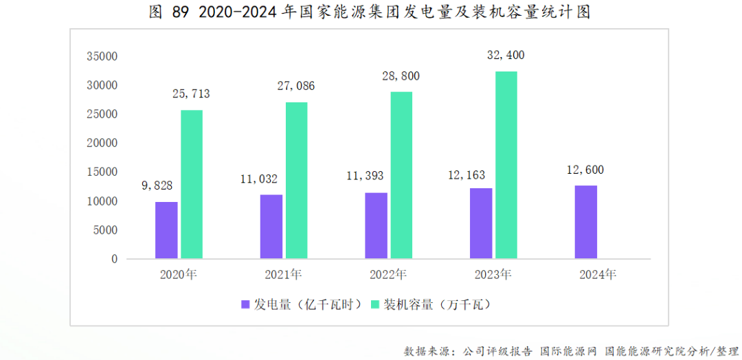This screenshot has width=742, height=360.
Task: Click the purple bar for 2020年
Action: coord(166,230)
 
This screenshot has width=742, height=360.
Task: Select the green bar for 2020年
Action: coord(192,185)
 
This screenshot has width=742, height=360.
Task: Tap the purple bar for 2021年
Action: coord(271,227)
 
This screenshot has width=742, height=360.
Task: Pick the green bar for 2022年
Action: coord(401,175)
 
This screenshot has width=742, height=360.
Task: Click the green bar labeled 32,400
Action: coord(506,165)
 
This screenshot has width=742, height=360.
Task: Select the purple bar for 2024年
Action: coord(585,222)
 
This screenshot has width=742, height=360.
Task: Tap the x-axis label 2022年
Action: coord(387,275)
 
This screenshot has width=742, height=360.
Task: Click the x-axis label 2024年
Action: coord(598,275)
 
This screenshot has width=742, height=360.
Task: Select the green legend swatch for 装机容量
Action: coord(374,304)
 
